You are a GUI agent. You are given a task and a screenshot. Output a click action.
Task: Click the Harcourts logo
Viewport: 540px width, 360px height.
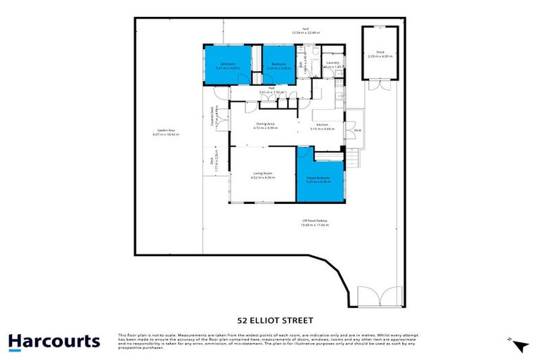coord(54,342)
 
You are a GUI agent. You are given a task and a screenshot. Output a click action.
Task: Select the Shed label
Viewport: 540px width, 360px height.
coord(380,51)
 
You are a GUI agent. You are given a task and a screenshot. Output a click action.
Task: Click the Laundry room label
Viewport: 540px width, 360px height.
coord(333,63)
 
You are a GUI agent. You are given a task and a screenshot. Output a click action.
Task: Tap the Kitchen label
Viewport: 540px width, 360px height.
coord(323,124)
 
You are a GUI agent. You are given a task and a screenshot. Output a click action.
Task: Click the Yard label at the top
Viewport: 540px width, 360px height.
coord(306,28)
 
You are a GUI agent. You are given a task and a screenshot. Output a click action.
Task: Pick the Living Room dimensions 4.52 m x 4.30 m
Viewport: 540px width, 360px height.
coord(263,178)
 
